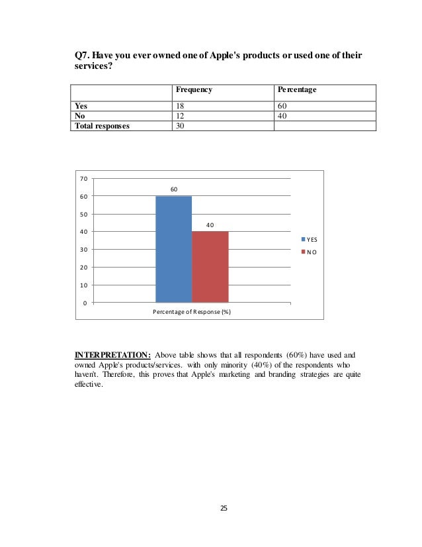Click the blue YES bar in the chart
coord(173,249)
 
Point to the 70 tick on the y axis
coord(83,179)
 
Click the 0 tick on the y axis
coord(85,303)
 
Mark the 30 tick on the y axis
coord(83,250)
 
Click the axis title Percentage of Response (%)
coord(191,312)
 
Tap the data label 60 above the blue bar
coord(174,189)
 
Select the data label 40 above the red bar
coord(210,225)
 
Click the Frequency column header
coord(193,90)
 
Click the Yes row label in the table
coord(81,105)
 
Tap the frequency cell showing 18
coord(179,105)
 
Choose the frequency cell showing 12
coord(179,115)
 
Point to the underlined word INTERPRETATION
coord(111,354)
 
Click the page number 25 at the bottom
coord(224,508)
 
